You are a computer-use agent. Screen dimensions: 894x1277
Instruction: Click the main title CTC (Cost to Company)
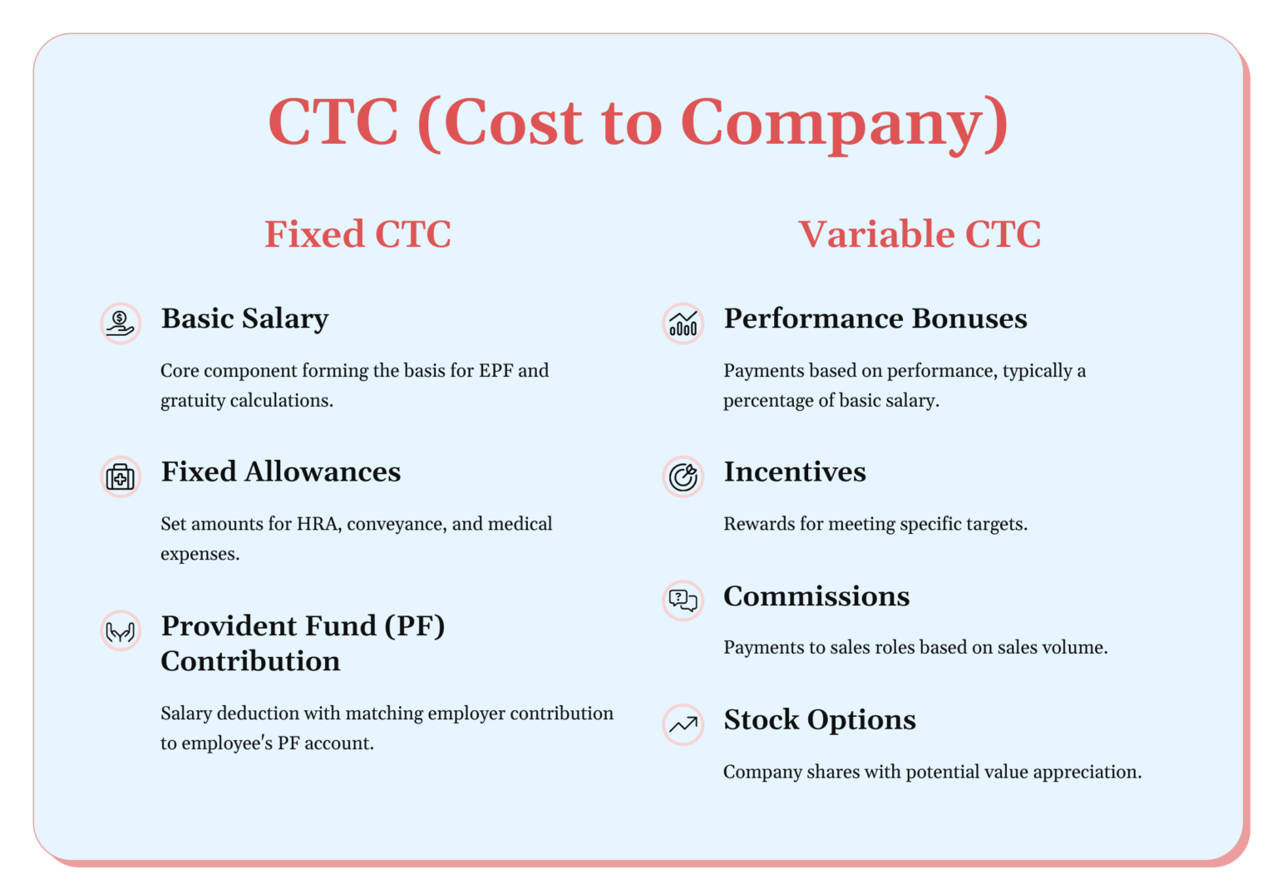(638, 122)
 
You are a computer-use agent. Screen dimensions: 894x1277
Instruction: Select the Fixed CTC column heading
(357, 235)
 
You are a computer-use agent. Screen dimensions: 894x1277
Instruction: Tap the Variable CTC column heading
(920, 235)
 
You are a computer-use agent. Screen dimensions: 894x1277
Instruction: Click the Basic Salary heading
(245, 319)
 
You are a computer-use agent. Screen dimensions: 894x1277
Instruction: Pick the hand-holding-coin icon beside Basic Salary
(121, 324)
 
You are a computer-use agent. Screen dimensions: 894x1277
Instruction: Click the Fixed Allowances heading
(281, 472)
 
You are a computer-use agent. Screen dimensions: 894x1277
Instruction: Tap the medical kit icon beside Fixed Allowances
(121, 477)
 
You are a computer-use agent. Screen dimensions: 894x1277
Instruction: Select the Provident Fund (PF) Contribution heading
(303, 643)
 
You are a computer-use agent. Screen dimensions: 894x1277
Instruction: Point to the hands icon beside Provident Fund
(121, 631)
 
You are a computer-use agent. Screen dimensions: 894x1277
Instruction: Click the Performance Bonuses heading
(875, 319)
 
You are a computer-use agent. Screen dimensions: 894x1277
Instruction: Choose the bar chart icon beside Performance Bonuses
(683, 324)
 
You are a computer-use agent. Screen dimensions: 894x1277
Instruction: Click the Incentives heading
(795, 472)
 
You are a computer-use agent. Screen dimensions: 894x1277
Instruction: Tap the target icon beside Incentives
(683, 477)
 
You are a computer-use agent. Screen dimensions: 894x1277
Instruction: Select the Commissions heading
(816, 596)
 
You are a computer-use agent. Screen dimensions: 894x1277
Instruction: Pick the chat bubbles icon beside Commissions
(683, 600)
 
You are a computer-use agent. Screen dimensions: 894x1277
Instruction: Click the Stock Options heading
(820, 719)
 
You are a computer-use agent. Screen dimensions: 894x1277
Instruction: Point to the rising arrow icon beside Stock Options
(683, 724)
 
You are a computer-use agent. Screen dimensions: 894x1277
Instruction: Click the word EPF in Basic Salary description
(496, 371)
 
